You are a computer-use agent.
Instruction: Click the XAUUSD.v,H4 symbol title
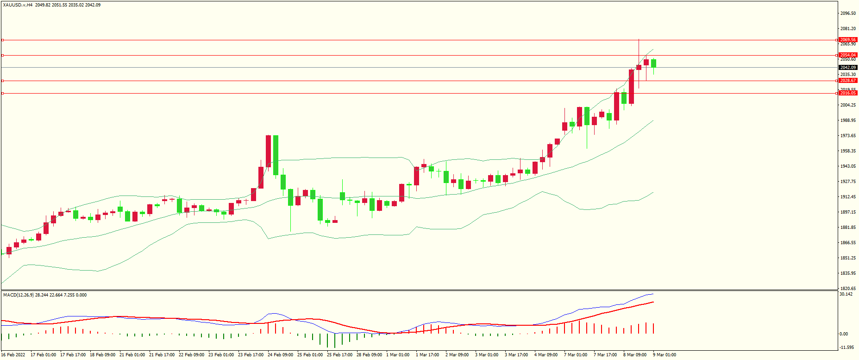18,5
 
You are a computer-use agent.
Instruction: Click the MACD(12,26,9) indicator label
19,295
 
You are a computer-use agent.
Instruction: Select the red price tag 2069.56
848,40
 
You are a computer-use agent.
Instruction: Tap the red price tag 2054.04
848,55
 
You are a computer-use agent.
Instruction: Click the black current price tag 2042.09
848,68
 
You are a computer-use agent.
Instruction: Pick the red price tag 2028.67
848,81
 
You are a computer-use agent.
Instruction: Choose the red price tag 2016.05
848,93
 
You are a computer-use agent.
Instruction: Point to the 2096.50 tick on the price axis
848,13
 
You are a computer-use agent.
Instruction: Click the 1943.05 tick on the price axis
848,166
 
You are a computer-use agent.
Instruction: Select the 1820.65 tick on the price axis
848,288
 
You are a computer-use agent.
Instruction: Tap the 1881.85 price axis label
848,227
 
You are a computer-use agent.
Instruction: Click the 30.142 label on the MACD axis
846,294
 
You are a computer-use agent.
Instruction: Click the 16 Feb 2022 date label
13,355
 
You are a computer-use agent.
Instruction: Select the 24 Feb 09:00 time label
280,355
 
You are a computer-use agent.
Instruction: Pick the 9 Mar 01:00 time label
665,355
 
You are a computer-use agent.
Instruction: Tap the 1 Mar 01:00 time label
398,355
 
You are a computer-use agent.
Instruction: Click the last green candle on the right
653,63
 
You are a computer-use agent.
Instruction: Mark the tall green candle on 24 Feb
276,155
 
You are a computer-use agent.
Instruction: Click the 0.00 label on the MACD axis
844,334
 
